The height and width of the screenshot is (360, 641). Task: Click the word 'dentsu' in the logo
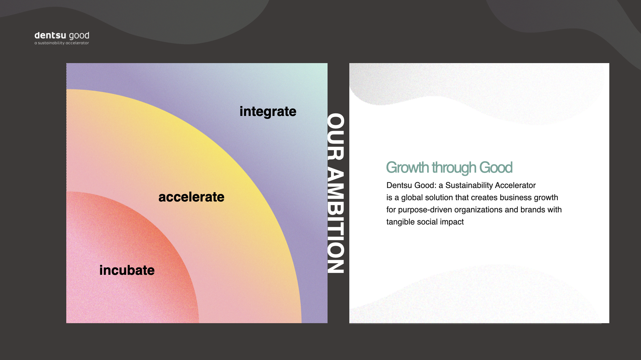[x=50, y=35]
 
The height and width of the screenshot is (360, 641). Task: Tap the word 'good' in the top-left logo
[x=79, y=36]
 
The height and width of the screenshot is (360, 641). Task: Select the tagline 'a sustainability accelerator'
[x=62, y=43]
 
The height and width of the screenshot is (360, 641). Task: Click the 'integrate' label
[x=268, y=111]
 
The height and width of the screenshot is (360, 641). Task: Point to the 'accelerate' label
[x=191, y=197]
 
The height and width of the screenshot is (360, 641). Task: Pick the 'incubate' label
[x=127, y=270]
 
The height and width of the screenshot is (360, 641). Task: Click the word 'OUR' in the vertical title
[x=336, y=136]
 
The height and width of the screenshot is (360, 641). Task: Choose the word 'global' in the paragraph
[x=412, y=198]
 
